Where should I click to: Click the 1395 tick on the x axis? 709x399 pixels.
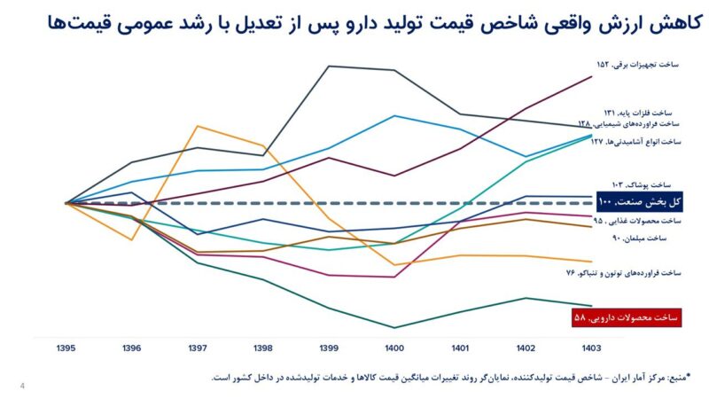pos(67,348)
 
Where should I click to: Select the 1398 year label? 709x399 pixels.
pos(263,348)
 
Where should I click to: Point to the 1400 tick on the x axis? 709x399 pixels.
pos(394,348)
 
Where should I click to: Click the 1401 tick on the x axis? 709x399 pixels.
pos(460,348)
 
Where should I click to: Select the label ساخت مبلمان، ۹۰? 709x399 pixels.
pos(651,239)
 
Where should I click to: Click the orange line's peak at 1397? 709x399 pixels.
pos(198,126)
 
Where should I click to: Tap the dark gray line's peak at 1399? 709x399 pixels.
pos(329,66)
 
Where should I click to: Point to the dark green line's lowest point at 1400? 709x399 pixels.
pos(394,328)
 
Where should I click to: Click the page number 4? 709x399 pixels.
pos(21,385)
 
